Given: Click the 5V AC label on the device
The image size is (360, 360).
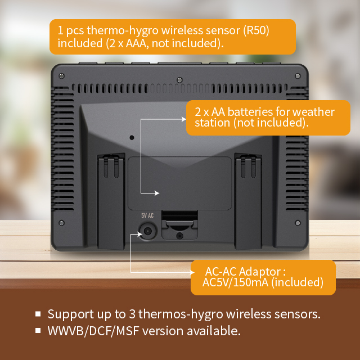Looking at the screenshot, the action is click(147, 215).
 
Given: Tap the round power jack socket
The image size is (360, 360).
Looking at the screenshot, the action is click(147, 231).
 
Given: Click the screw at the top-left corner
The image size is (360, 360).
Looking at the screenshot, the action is click(61, 76).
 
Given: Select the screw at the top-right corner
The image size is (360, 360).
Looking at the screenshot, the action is click(298, 76).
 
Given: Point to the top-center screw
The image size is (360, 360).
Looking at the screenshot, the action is click(180, 80).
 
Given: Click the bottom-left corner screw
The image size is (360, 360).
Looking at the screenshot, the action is click(61, 223).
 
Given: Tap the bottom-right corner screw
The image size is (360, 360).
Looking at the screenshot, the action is click(298, 223).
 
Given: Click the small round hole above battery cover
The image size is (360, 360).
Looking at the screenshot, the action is click(132, 137).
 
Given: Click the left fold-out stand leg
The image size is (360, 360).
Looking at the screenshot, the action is click(111, 202).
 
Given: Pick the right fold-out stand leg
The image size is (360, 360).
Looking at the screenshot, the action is click(248, 202).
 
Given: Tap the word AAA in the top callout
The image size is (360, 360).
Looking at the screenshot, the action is click(136, 43).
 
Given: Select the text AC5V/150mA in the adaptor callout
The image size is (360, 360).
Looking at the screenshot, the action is click(235, 282).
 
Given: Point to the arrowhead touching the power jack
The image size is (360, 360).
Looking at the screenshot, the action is click(140, 234).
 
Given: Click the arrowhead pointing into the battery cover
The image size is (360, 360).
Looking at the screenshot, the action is click(157, 193).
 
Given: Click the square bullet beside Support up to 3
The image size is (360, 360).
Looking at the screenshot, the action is click(38, 314).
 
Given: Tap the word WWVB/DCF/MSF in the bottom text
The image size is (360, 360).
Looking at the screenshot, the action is click(93, 331).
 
